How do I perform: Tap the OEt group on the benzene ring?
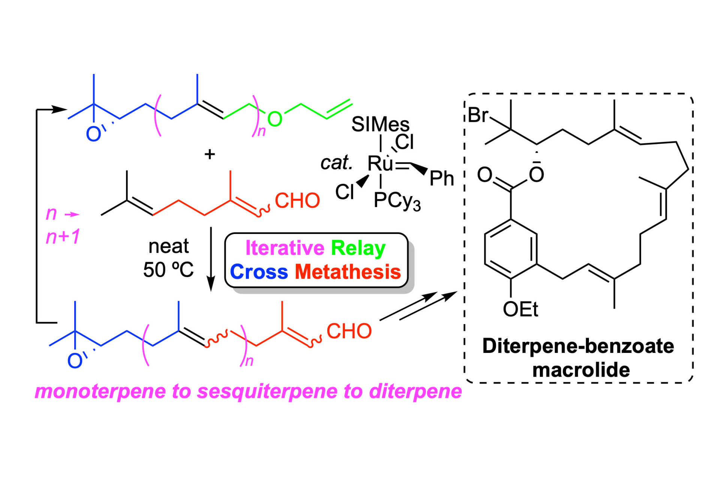coord(520,309)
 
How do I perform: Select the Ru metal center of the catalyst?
coord(380,163)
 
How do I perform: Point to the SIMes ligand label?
coord(380,124)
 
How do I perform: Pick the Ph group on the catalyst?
coord(442,178)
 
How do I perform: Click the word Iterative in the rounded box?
coord(285,248)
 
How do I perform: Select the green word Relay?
coord(358,248)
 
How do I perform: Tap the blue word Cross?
coord(259,271)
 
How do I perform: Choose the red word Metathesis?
coord(348,271)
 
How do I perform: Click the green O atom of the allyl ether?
coord(275,119)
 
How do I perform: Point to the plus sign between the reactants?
coord(210,154)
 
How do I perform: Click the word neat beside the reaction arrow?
coord(168,246)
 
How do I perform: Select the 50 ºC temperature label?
coord(168,270)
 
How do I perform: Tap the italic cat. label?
coord(336,163)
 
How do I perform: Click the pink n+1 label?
coord(63,237)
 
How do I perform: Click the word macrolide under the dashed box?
coord(581,370)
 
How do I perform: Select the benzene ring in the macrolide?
coord(511,249)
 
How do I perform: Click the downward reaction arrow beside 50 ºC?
coord(211,259)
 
